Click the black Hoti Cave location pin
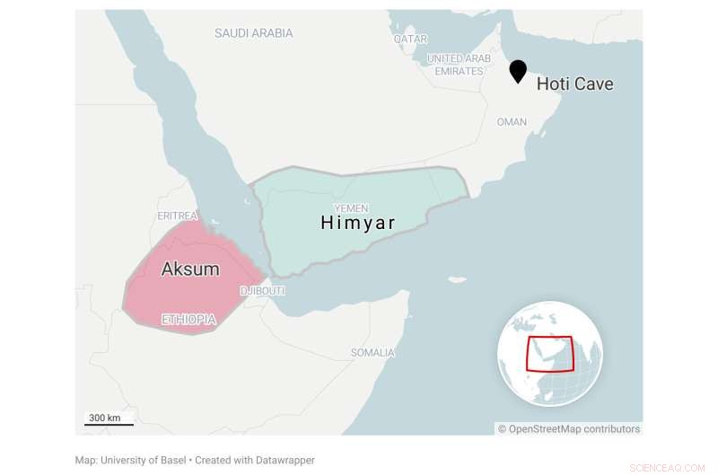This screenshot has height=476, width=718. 518,71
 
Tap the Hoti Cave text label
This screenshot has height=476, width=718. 574,84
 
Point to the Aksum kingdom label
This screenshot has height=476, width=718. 189,269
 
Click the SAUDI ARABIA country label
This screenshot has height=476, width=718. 253,33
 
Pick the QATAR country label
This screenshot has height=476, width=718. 410,40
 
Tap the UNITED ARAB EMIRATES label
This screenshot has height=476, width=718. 459,65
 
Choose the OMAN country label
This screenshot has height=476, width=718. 512,122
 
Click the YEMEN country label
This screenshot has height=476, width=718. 351,208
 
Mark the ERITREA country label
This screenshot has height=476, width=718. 177,216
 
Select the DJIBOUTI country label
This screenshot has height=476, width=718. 262,291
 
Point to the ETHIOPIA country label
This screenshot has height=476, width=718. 188,319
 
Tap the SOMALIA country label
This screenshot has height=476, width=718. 372,352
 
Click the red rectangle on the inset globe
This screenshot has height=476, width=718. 549,353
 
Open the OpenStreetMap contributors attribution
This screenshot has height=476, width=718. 569,429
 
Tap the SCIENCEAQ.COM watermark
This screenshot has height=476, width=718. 668,467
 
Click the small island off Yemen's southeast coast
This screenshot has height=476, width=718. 458,279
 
